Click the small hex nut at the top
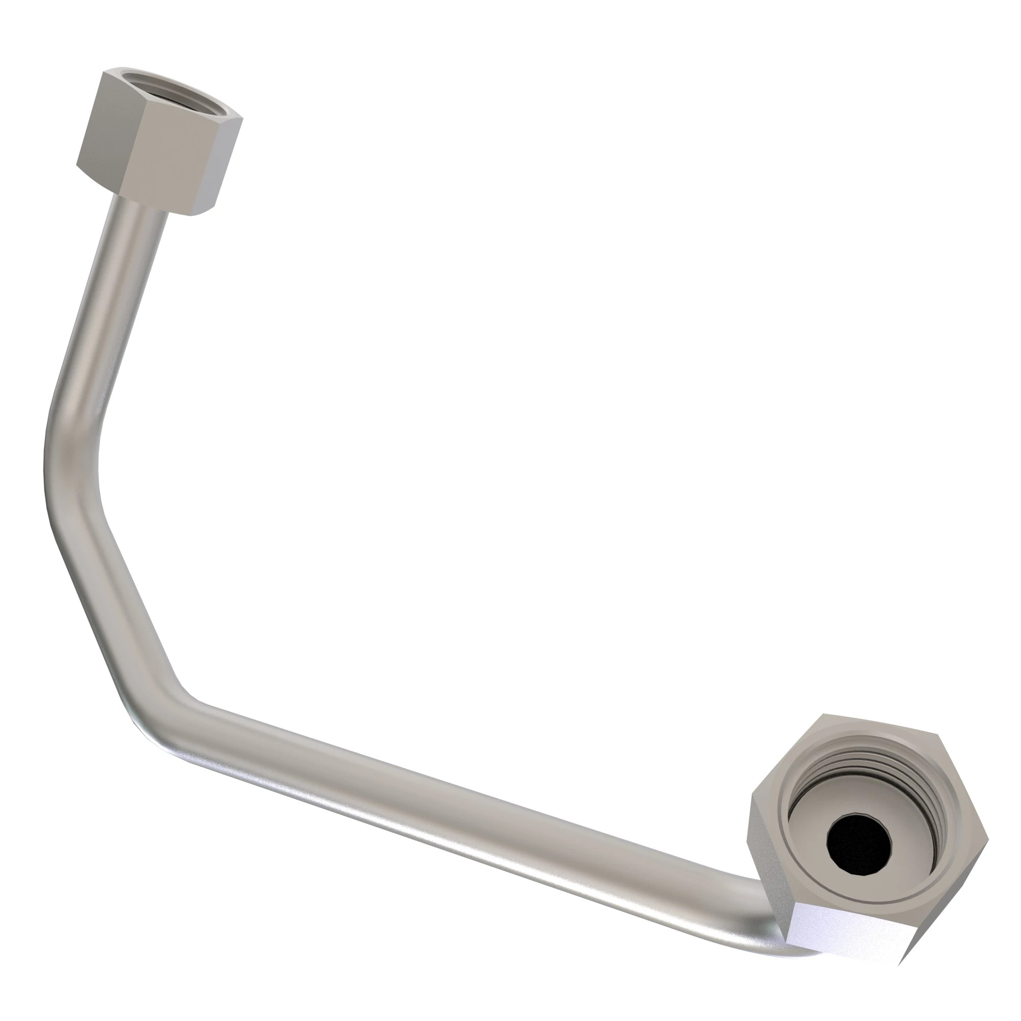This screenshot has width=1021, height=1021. tap(159, 143)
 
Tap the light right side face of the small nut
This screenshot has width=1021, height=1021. tap(225, 164)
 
